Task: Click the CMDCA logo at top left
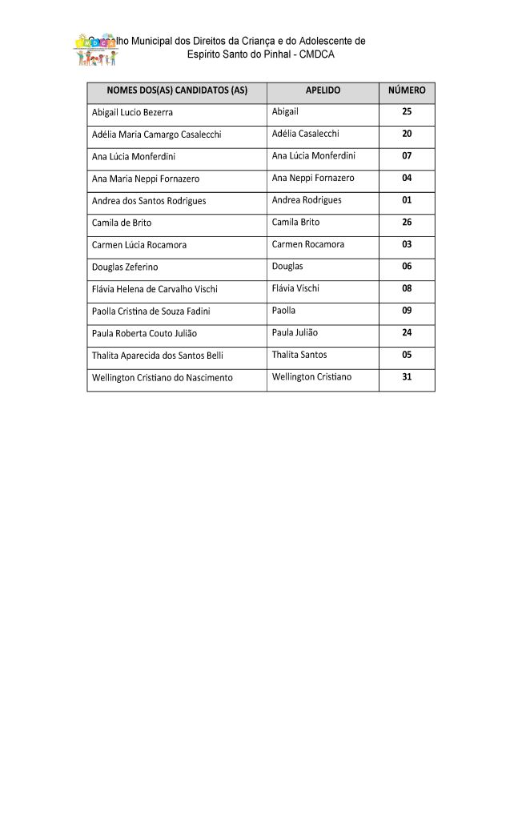[94, 50]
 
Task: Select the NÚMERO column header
[407, 90]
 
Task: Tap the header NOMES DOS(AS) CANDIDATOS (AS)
[177, 90]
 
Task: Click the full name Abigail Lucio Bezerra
[133, 113]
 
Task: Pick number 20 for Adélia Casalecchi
[407, 134]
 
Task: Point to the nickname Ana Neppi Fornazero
[313, 178]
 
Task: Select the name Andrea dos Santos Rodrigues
[150, 201]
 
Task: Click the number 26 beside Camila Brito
[407, 222]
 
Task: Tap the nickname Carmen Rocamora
[308, 244]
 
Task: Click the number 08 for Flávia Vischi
[407, 288]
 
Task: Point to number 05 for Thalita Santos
[407, 355]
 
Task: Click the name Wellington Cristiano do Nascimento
[163, 377]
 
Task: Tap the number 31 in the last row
[407, 376]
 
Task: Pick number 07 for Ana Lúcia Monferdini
[407, 156]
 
